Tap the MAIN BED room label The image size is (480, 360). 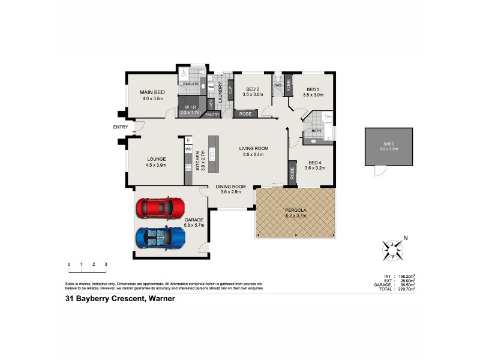click(152, 92)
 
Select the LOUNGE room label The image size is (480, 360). click(156, 159)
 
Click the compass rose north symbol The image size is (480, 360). click(394, 248)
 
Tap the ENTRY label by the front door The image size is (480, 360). click(120, 127)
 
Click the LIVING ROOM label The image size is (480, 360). click(253, 148)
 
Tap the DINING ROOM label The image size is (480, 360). click(231, 186)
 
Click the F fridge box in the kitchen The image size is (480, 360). click(188, 140)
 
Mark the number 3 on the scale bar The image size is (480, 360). click(106, 264)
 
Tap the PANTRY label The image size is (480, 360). click(212, 114)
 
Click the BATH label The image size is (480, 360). click(316, 130)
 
